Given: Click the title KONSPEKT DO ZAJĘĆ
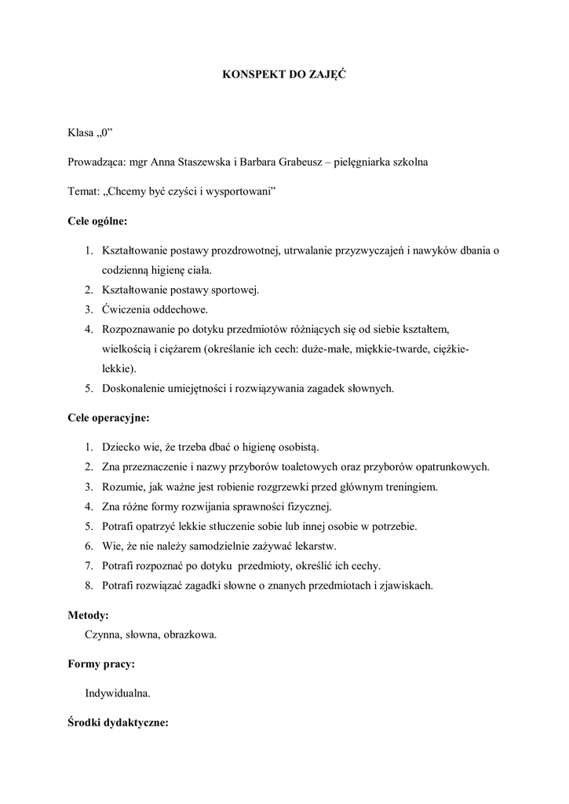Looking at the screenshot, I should pyautogui.click(x=284, y=75).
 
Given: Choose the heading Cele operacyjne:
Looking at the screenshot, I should pyautogui.click(x=108, y=418).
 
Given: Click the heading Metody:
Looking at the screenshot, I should pyautogui.click(x=88, y=615).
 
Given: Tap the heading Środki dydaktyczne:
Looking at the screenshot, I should pyautogui.click(x=118, y=722).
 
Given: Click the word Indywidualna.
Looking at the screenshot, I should pyautogui.click(x=118, y=693).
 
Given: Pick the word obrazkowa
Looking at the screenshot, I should pyautogui.click(x=190, y=634).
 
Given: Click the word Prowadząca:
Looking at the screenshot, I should pyautogui.click(x=97, y=163).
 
